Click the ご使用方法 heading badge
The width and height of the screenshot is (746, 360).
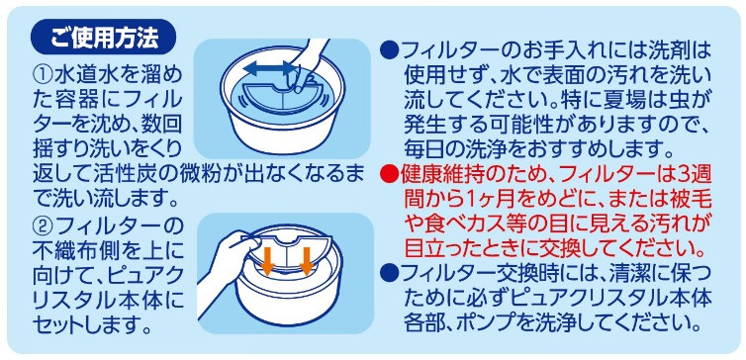[x=103, y=37]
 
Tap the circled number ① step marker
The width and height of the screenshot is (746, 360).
[x=45, y=75]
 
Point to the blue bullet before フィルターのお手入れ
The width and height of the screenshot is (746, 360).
[x=389, y=48]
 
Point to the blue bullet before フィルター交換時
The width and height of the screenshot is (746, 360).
[x=389, y=275]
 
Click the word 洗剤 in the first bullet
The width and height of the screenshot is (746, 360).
[x=664, y=49]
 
